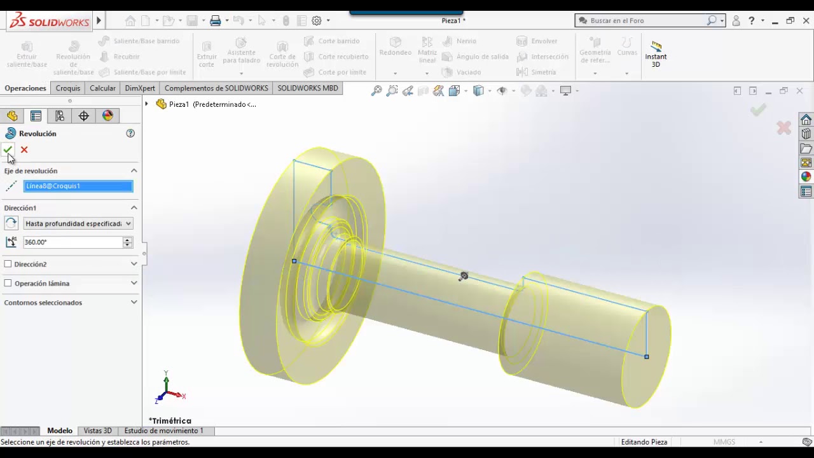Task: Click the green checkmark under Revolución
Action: [x=8, y=149]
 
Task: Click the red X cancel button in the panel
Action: [x=24, y=149]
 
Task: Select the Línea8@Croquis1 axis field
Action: [x=78, y=186]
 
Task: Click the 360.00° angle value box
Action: [x=72, y=242]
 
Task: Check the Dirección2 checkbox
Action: [x=8, y=264]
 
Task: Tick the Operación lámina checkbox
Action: [x=8, y=283]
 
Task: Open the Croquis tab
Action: [x=67, y=88]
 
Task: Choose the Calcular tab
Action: [x=102, y=88]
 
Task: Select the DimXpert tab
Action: [x=140, y=88]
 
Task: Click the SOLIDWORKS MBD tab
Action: [x=308, y=88]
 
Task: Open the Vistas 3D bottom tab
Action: [x=98, y=431]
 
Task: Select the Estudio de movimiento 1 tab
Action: [x=164, y=431]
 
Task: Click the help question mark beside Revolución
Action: [x=130, y=134]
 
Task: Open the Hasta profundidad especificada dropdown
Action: [x=78, y=224]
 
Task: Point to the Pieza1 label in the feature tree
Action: [x=179, y=104]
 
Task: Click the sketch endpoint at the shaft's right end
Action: [x=646, y=357]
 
